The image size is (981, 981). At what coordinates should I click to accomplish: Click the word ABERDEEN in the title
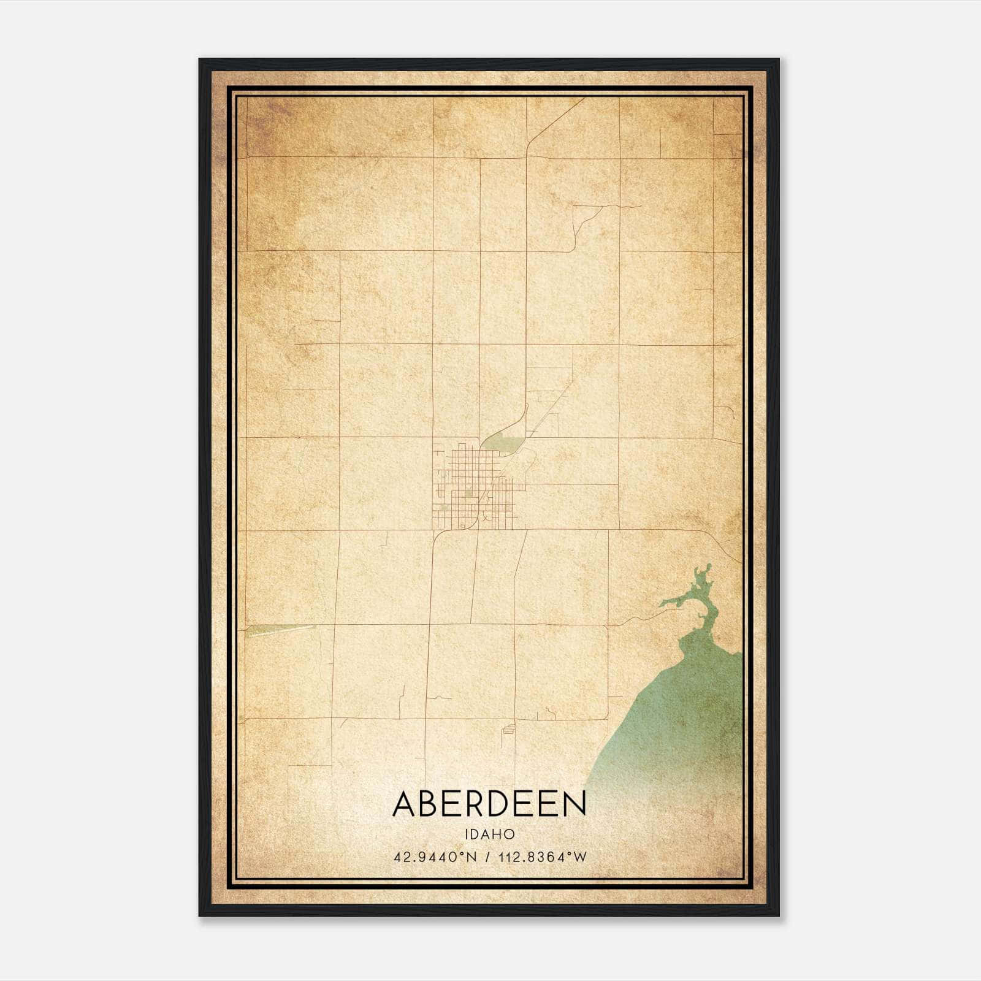489,804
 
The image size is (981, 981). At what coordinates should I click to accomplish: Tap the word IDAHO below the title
489,834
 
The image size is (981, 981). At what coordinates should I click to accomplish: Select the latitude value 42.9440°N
435,857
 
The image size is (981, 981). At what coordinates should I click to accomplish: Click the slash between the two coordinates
487,857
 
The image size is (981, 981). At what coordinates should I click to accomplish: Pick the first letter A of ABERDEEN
405,804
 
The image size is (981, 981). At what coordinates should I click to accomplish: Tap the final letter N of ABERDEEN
574,804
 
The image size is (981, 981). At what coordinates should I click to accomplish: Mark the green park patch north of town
504,441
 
